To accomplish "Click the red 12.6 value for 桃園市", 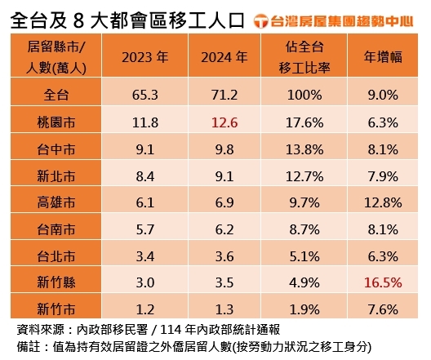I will (222, 123).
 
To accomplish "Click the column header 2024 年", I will (222, 57).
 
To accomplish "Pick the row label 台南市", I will (57, 230).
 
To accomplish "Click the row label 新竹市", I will (57, 310).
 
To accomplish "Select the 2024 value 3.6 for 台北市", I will (222, 257).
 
